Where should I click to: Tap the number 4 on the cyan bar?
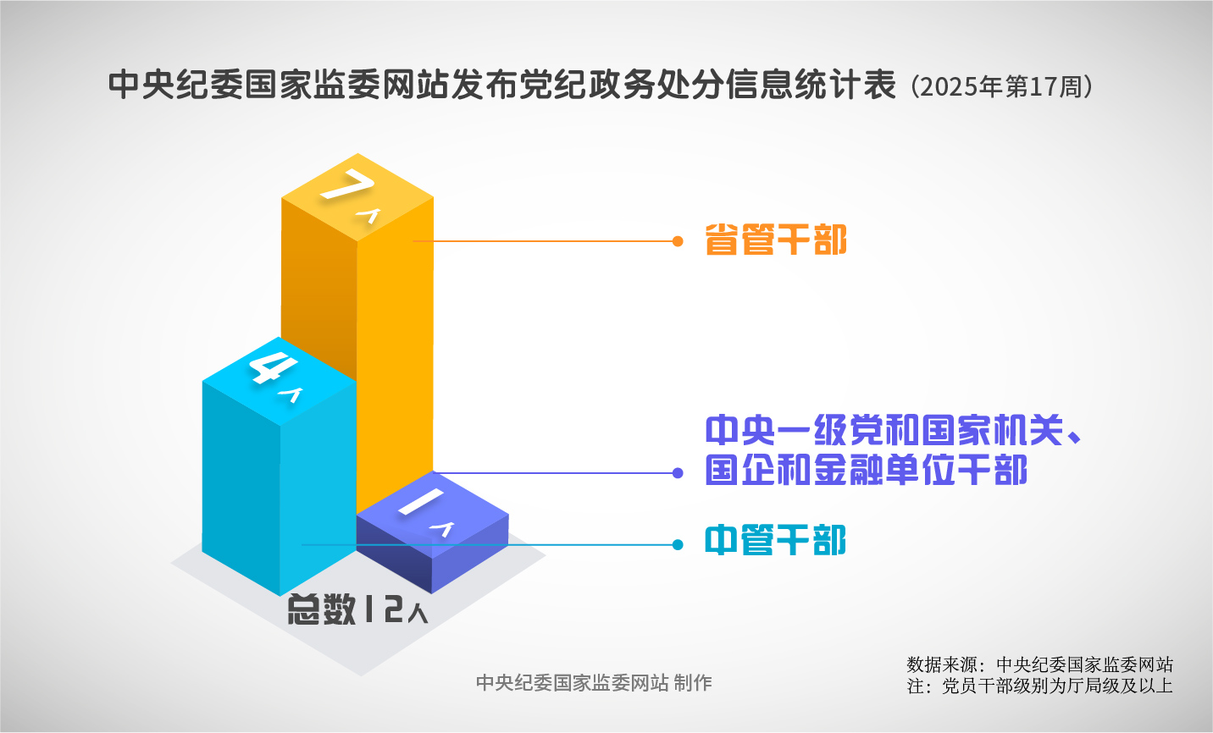click(x=273, y=368)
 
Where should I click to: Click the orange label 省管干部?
click(x=775, y=240)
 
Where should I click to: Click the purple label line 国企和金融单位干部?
click(x=866, y=470)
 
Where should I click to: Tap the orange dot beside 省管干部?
click(x=678, y=241)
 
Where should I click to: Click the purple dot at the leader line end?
click(x=678, y=473)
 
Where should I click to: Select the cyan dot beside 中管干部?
click(x=678, y=545)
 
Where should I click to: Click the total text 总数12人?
click(x=357, y=609)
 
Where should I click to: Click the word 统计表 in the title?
click(x=845, y=85)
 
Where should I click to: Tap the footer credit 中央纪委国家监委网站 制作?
click(x=594, y=683)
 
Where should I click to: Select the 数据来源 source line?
click(x=1039, y=664)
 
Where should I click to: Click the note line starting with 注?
click(x=1039, y=686)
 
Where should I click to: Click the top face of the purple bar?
click(x=432, y=515)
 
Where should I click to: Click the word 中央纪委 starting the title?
click(x=176, y=85)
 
